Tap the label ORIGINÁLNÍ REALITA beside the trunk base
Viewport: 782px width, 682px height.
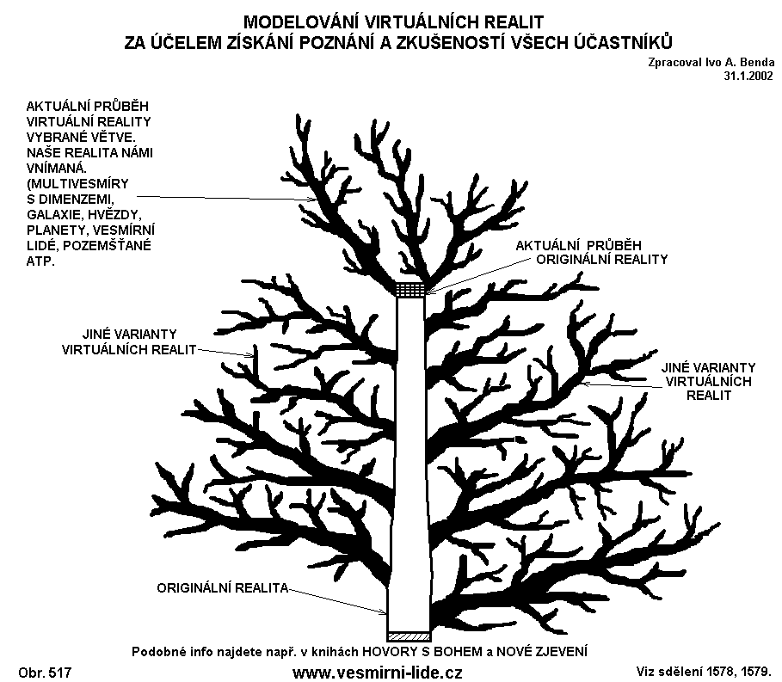point(223,589)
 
